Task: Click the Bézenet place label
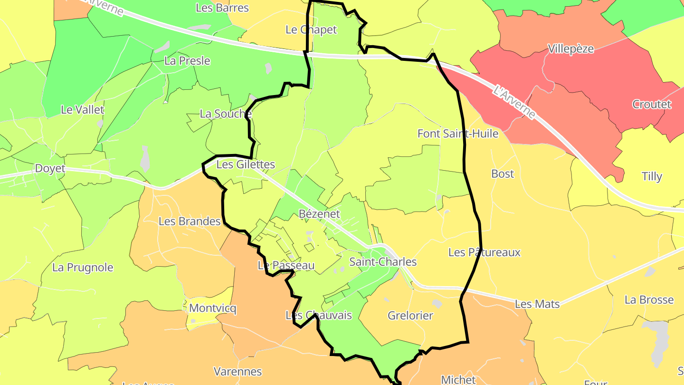coord(319,214)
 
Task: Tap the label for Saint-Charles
coord(383,262)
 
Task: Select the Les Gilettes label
coord(246,164)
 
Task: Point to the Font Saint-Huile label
coord(458,134)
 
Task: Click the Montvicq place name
coord(212,308)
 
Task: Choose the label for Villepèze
coord(570,49)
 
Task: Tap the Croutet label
coord(651,104)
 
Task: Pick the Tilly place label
coord(652,176)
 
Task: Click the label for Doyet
coord(50,169)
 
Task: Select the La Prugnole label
coord(83,267)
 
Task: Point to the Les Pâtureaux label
coord(484,252)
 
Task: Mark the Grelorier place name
coord(410,315)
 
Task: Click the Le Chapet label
coord(311,29)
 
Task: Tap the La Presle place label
coord(187,61)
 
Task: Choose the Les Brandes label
coord(190,221)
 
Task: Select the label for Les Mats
coord(537,304)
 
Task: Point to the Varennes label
coord(237,371)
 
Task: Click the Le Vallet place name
coord(82,109)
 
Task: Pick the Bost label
coord(503,173)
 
